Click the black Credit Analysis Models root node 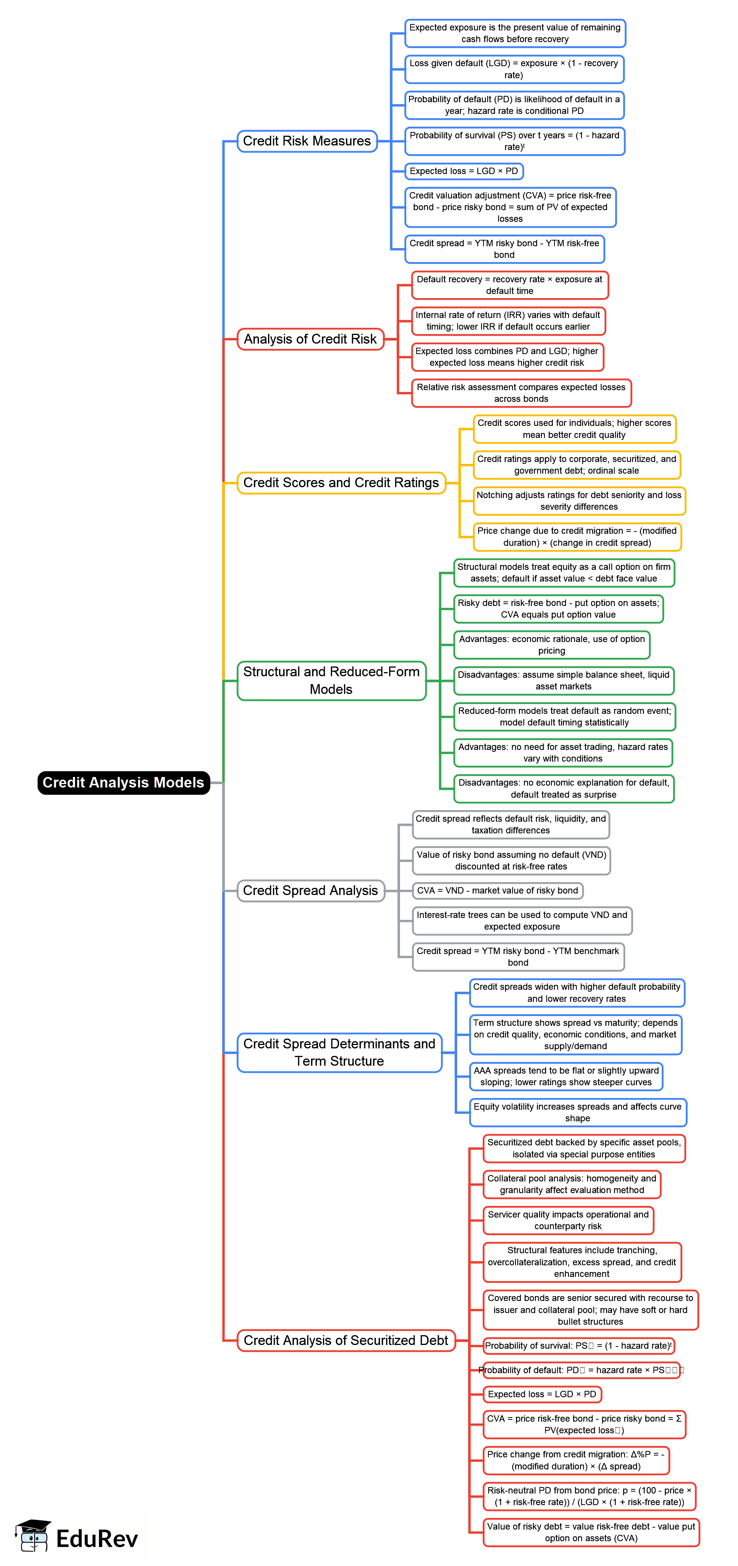click(x=123, y=782)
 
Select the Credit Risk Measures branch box click(x=307, y=141)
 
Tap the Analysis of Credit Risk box click(x=310, y=339)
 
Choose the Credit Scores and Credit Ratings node click(x=341, y=483)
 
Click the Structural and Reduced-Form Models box click(x=331, y=680)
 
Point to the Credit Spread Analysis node click(x=310, y=891)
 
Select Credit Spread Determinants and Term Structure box click(x=339, y=1052)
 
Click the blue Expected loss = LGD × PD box click(x=464, y=171)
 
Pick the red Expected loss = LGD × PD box click(x=542, y=1394)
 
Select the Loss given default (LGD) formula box click(x=514, y=69)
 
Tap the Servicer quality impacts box click(x=568, y=1220)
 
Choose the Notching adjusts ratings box click(x=579, y=501)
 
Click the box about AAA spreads click(x=565, y=1076)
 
